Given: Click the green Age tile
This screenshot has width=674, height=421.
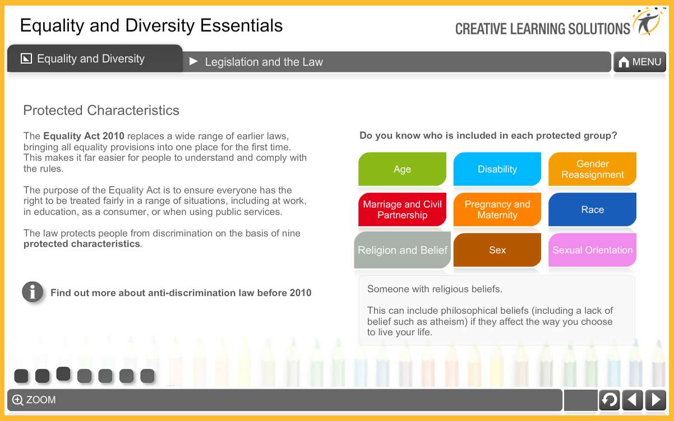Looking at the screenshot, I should pos(402,169).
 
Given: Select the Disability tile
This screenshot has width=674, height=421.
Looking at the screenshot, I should pos(497,169).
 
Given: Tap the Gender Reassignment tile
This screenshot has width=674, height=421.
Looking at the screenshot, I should pos(592,169).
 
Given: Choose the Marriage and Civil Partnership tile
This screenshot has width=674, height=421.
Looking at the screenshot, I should pos(402,210).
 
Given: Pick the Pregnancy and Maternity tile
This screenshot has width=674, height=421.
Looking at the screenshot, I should pos(497,210).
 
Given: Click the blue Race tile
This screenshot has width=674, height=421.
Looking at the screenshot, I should pos(592,210).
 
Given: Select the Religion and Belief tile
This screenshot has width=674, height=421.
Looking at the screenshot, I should pos(402,250).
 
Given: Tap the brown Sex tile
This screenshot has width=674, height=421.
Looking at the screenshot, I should pos(497,250).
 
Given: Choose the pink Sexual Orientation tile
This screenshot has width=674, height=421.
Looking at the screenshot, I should pos(592,250).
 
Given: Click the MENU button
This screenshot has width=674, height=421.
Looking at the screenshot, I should pos(640,62).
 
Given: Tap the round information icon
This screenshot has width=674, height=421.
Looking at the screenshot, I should pos(33,292).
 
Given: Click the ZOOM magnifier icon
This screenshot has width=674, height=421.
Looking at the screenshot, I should pos(18,400).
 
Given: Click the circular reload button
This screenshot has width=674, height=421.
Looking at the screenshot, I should pos(609,400).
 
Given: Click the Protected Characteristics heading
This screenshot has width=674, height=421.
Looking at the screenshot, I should pos(101,110).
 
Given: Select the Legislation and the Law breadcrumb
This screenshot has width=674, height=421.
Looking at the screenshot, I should pos(264,62).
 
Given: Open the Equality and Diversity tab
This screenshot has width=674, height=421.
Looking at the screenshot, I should pos(91,59).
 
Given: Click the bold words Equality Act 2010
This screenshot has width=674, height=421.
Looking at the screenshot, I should pos(84,136).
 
